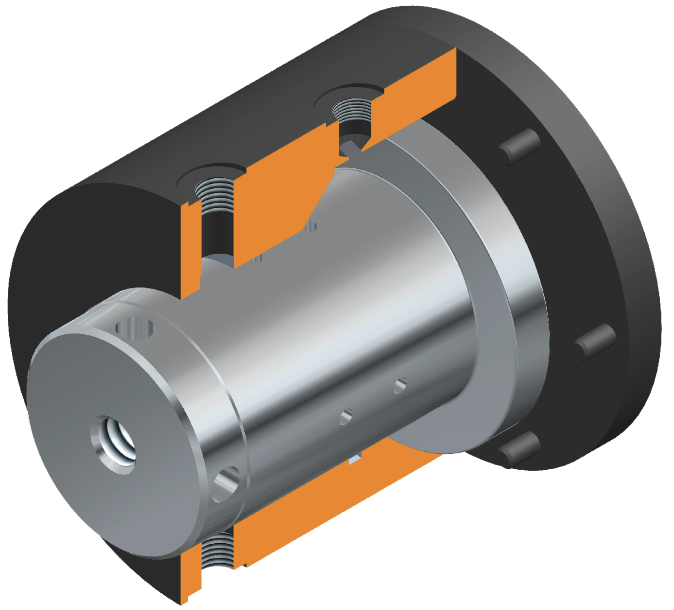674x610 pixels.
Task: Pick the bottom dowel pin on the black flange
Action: click(x=520, y=449)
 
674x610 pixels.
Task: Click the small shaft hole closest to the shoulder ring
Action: click(x=400, y=385)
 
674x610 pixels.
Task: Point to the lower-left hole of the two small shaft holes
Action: click(x=346, y=417)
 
